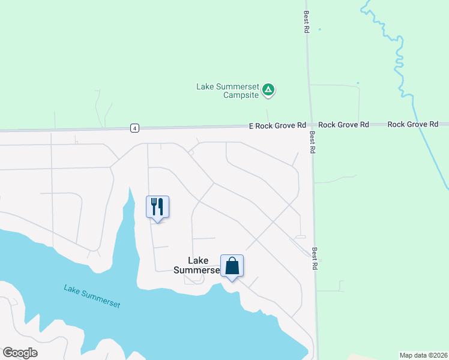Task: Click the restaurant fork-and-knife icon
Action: point(157,207)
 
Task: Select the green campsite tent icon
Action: point(269,91)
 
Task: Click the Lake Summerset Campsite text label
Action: point(228,91)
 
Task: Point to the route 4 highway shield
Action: point(135,128)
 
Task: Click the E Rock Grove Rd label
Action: point(278,125)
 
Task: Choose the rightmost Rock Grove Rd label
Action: point(412,124)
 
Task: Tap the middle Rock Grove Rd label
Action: point(343,125)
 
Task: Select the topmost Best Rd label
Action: point(306,22)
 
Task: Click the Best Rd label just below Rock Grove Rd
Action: point(313,143)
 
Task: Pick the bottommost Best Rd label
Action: point(315,258)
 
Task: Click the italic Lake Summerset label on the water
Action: point(92,296)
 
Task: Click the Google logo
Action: point(20,352)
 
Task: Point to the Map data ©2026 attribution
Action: point(423,355)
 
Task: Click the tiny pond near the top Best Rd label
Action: point(319,29)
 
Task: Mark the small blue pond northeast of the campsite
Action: point(358,83)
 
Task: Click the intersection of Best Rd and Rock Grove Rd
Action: point(310,125)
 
